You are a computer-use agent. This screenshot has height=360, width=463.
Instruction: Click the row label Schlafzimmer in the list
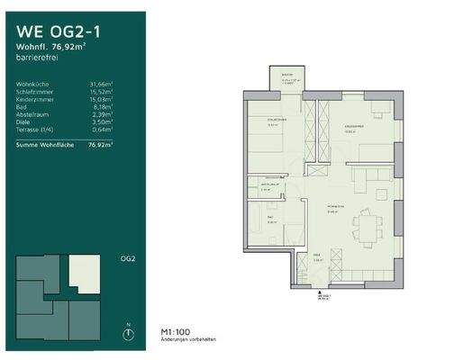[x=35, y=92]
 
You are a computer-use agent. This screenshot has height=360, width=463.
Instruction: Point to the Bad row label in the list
[x=21, y=107]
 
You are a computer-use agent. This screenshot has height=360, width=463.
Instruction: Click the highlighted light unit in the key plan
[x=85, y=268]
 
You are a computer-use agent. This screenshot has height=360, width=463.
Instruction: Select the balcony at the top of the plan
[x=286, y=80]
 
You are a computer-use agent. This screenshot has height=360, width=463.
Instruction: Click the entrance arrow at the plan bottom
[x=320, y=294]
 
